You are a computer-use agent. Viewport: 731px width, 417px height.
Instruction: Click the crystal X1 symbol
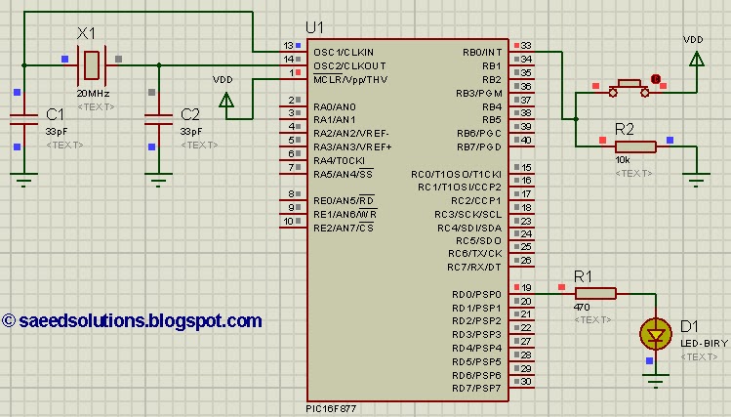90,64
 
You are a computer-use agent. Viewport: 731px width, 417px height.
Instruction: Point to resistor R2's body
635,146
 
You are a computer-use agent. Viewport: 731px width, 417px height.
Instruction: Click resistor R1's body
595,293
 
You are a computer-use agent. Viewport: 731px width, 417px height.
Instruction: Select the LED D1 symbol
655,335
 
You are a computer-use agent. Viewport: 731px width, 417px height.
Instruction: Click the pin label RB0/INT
482,52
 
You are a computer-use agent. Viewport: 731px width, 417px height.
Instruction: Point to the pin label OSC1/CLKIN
344,52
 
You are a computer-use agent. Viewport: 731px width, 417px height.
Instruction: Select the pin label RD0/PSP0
476,294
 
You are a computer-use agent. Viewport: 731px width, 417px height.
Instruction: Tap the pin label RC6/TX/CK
476,253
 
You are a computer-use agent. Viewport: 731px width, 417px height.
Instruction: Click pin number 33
525,46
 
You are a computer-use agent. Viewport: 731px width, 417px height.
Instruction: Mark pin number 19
525,288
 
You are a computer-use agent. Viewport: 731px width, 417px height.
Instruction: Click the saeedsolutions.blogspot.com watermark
133,320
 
